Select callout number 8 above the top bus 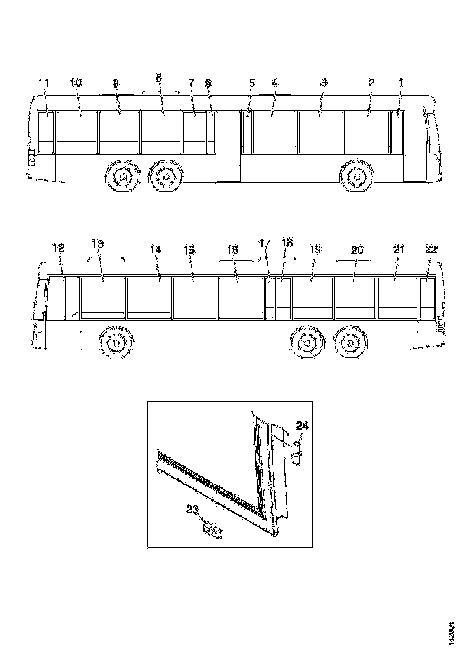pyautogui.click(x=158, y=78)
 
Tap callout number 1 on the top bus pyautogui.click(x=400, y=83)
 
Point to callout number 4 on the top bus pyautogui.click(x=274, y=83)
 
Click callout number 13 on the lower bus pyautogui.click(x=98, y=244)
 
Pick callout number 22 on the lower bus pyautogui.click(x=431, y=250)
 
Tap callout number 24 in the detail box pyautogui.click(x=303, y=425)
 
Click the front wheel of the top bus pyautogui.click(x=358, y=176)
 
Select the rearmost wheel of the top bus pyautogui.click(x=122, y=176)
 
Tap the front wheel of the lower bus pyautogui.click(x=116, y=343)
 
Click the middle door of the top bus pyautogui.click(x=229, y=146)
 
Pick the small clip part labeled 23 pyautogui.click(x=212, y=531)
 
